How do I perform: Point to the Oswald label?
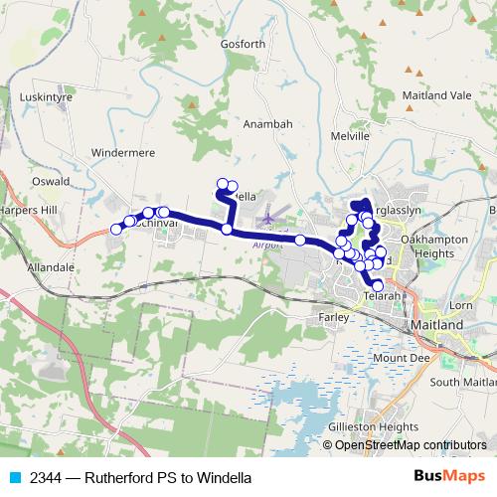[50, 182]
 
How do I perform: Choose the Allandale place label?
[52, 268]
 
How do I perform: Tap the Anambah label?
[268, 124]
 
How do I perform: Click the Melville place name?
[350, 134]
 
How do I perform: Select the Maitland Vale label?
[436, 95]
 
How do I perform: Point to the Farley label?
[336, 317]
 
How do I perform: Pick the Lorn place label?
[461, 304]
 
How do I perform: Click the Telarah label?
[382, 295]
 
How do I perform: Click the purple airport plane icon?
[266, 216]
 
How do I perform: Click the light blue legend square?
[13, 478]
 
